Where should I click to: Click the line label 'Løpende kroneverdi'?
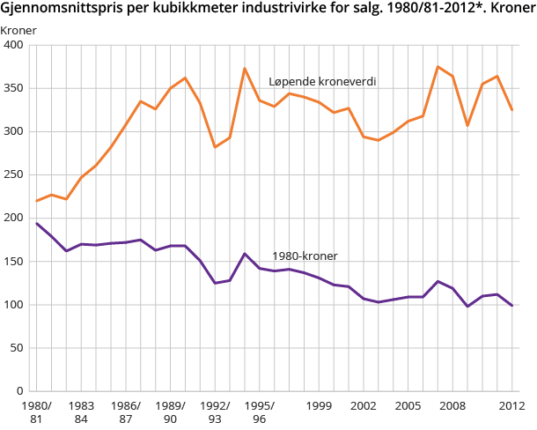click(322, 81)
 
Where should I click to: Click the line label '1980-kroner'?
click(305, 256)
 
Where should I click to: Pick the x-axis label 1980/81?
click(36, 411)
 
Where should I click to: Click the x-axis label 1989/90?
click(170, 411)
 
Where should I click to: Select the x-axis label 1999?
click(319, 405)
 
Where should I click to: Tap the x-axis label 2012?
click(512, 405)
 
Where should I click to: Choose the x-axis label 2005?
click(408, 405)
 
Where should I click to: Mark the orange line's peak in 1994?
click(245, 68)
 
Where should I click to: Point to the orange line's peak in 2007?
click(438, 67)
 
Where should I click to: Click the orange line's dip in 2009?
click(467, 125)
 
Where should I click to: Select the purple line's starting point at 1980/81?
click(36, 223)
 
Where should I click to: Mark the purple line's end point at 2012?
click(512, 306)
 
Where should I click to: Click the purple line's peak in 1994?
click(245, 254)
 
